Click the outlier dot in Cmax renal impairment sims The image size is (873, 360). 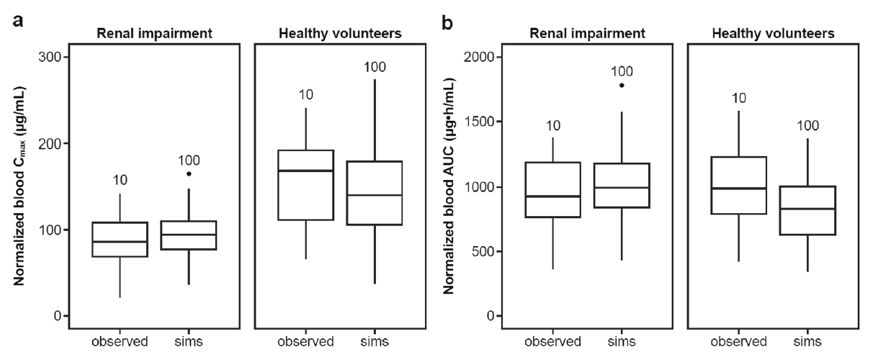(x=189, y=174)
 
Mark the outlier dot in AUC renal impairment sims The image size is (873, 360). (x=622, y=85)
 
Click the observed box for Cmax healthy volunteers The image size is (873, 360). (x=311, y=185)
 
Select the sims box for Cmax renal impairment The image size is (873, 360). (x=189, y=235)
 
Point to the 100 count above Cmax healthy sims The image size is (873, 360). (x=375, y=68)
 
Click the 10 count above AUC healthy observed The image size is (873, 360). (x=738, y=97)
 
